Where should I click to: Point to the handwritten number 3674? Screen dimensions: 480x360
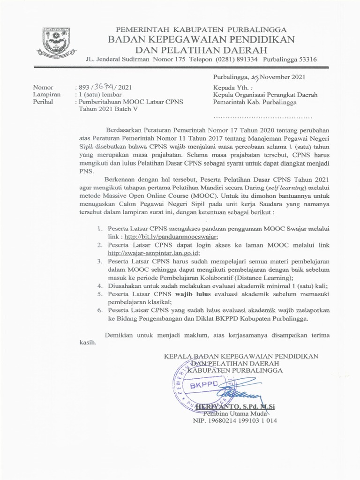tap(101, 87)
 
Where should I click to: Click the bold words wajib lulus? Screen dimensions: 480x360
tap(196, 294)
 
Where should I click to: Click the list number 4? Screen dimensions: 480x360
tap(99, 285)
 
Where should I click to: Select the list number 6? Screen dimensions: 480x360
tap(99, 310)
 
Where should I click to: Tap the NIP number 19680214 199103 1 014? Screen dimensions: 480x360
tap(235, 420)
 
